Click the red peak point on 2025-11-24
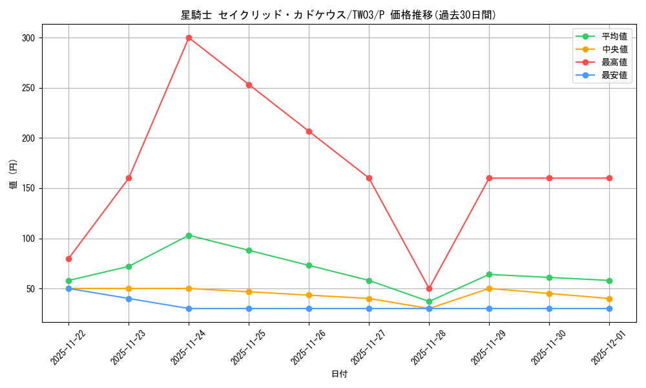pyautogui.click(x=189, y=38)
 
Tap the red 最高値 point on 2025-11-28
pyautogui.click(x=429, y=288)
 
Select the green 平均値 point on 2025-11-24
pyautogui.click(x=189, y=235)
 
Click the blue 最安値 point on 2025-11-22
pyautogui.click(x=68, y=288)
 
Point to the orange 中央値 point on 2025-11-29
pyautogui.click(x=489, y=288)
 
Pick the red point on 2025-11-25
pyautogui.click(x=249, y=85)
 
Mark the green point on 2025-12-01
pyautogui.click(x=609, y=281)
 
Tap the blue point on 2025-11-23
pyautogui.click(x=129, y=299)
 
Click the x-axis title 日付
pyautogui.click(x=339, y=374)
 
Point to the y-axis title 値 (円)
pyautogui.click(x=14, y=175)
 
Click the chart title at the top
pyautogui.click(x=339, y=15)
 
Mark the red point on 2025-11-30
pyautogui.click(x=549, y=178)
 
